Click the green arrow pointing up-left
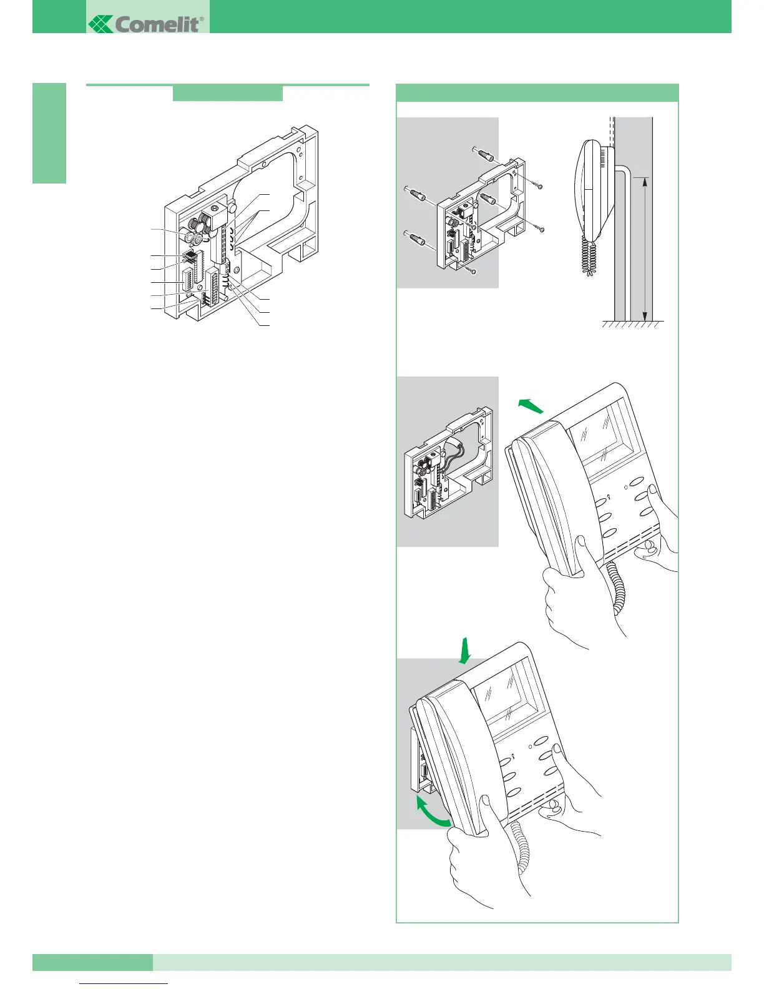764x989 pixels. coord(531,406)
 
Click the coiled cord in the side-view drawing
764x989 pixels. coord(587,256)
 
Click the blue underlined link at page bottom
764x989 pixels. coord(124,984)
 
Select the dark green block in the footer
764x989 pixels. coord(92,962)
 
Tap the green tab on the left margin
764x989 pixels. coord(49,133)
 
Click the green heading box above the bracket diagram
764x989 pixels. coord(227,93)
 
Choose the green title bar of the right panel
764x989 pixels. coord(537,92)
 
